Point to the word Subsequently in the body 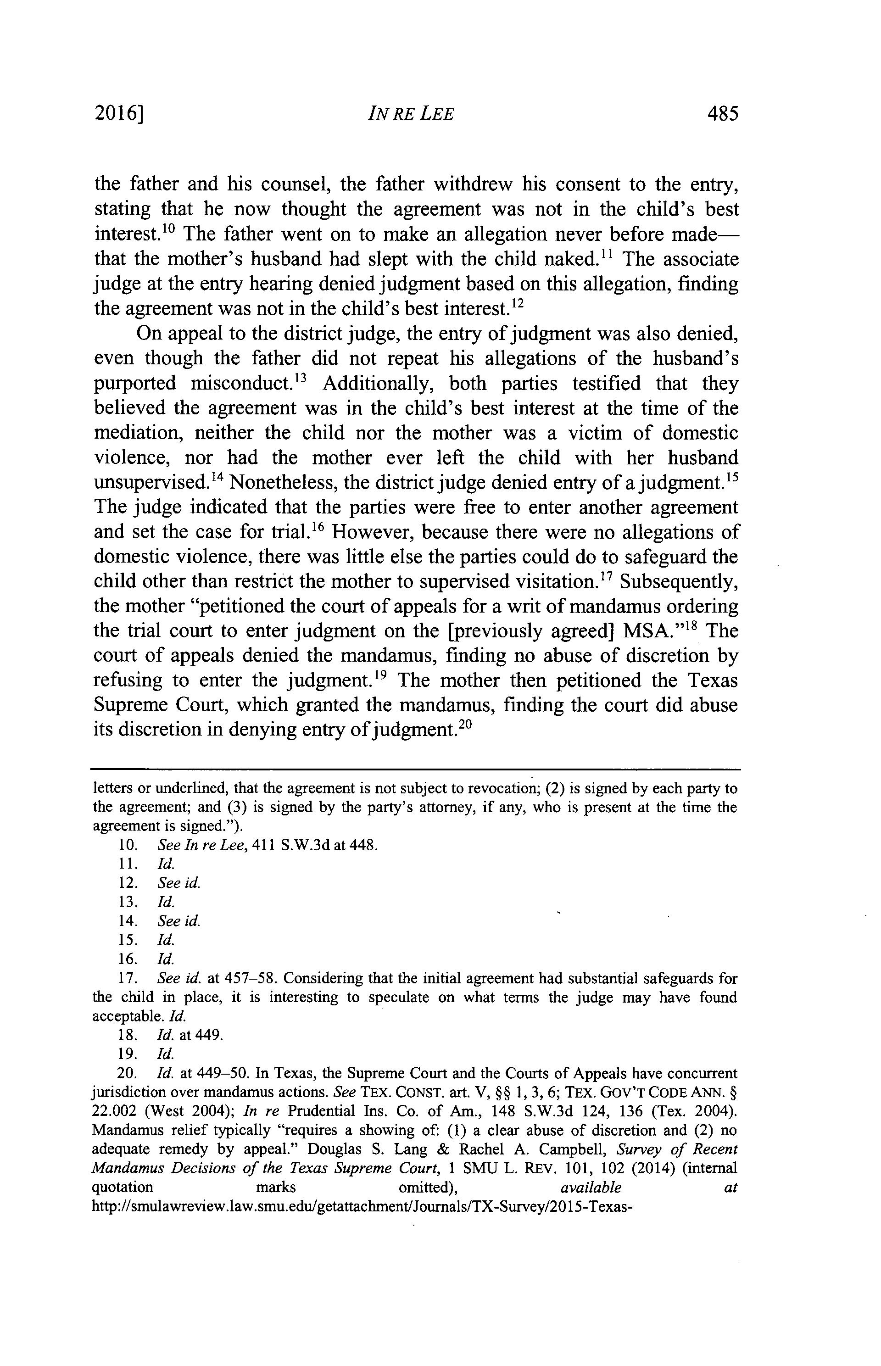tap(679, 582)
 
